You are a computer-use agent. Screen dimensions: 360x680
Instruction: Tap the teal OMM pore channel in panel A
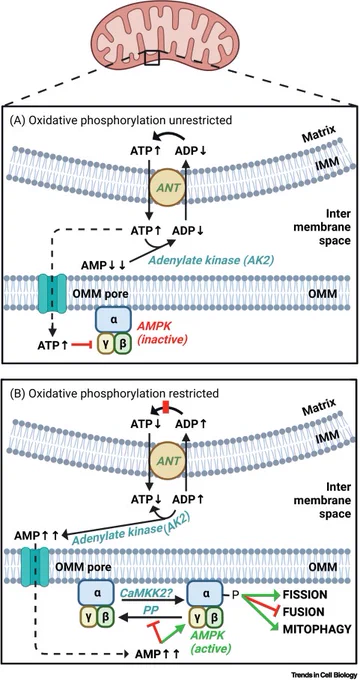point(53,294)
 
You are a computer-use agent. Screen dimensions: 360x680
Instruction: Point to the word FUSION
point(304,611)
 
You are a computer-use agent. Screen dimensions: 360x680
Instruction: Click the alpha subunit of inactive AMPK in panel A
point(112,320)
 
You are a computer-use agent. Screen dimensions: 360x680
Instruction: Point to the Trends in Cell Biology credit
point(323,674)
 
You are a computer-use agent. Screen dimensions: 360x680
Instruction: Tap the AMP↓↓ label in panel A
point(103,264)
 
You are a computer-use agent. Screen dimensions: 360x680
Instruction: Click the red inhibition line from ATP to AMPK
point(81,345)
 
